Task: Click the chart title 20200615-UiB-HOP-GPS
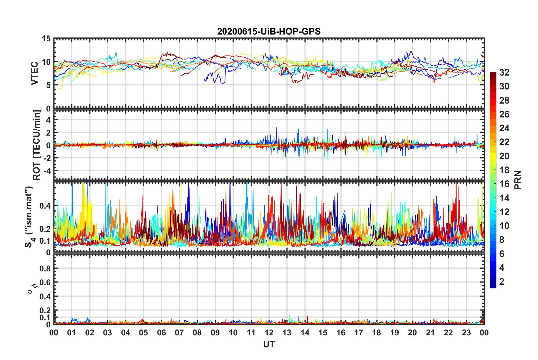coord(269,31)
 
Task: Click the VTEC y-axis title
coord(35,73)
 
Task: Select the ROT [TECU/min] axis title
coord(37,145)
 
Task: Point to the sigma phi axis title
coord(32,288)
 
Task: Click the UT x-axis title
coord(269,344)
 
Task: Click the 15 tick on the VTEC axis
coord(46,39)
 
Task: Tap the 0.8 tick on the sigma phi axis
coord(45,268)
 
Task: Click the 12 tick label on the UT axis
coord(269,333)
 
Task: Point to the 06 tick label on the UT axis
coord(161,333)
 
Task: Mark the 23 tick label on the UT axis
coord(466,333)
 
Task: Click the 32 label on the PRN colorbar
coord(504,73)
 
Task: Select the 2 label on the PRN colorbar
coord(502,282)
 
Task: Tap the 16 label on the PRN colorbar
coord(504,184)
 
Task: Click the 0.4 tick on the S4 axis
coord(45,206)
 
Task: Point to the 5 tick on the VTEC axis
coord(48,85)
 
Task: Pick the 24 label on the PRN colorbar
coord(504,128)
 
